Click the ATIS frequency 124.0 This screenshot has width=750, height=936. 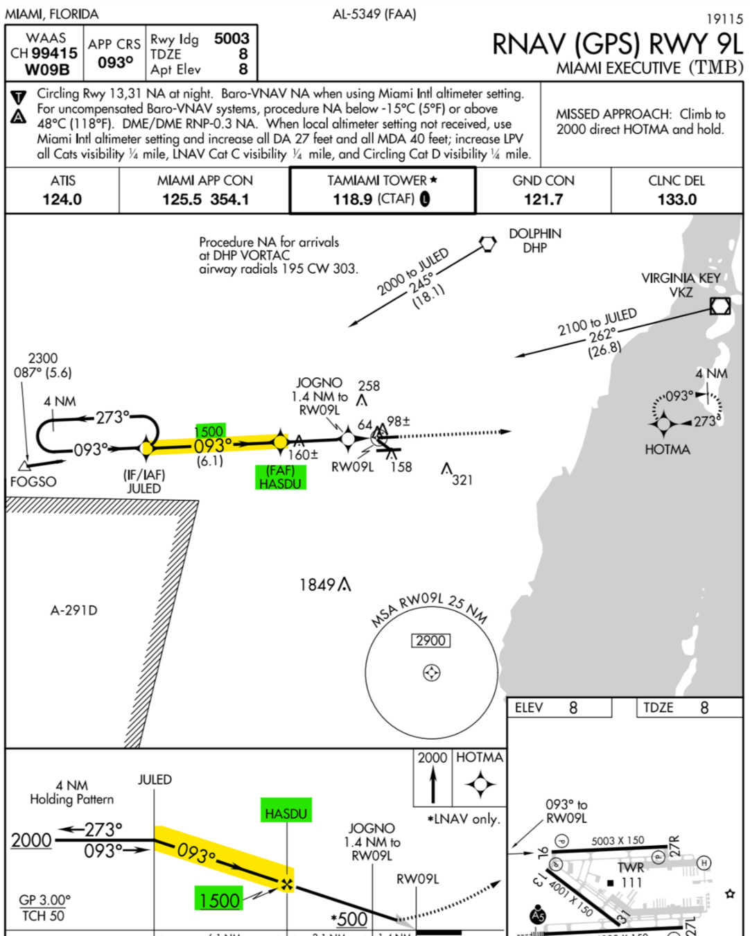click(x=62, y=200)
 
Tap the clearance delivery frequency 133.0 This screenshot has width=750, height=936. click(x=677, y=200)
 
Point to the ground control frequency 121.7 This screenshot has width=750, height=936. click(x=543, y=200)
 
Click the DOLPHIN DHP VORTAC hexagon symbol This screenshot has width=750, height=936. click(x=488, y=243)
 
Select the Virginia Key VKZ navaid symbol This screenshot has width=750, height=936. click(x=720, y=306)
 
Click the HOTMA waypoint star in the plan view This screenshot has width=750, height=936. click(x=663, y=423)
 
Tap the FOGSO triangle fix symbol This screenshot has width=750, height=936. click(x=25, y=465)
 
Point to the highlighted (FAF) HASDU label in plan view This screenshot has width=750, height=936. click(x=280, y=477)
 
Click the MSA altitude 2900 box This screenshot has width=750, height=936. click(x=430, y=641)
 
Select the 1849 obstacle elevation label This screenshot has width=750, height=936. click(x=317, y=585)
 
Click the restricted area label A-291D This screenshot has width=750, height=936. click(x=74, y=610)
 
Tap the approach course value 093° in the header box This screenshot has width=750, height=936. click(x=115, y=62)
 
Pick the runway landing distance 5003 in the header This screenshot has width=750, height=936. click(x=232, y=39)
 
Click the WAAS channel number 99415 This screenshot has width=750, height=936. click(x=55, y=53)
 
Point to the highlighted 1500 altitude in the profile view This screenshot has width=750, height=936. click(x=219, y=900)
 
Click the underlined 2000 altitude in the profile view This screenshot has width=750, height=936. click(x=32, y=840)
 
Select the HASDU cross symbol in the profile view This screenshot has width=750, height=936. click(x=286, y=884)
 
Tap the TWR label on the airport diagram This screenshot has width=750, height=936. click(x=631, y=867)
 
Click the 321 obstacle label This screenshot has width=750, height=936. click(x=462, y=480)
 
